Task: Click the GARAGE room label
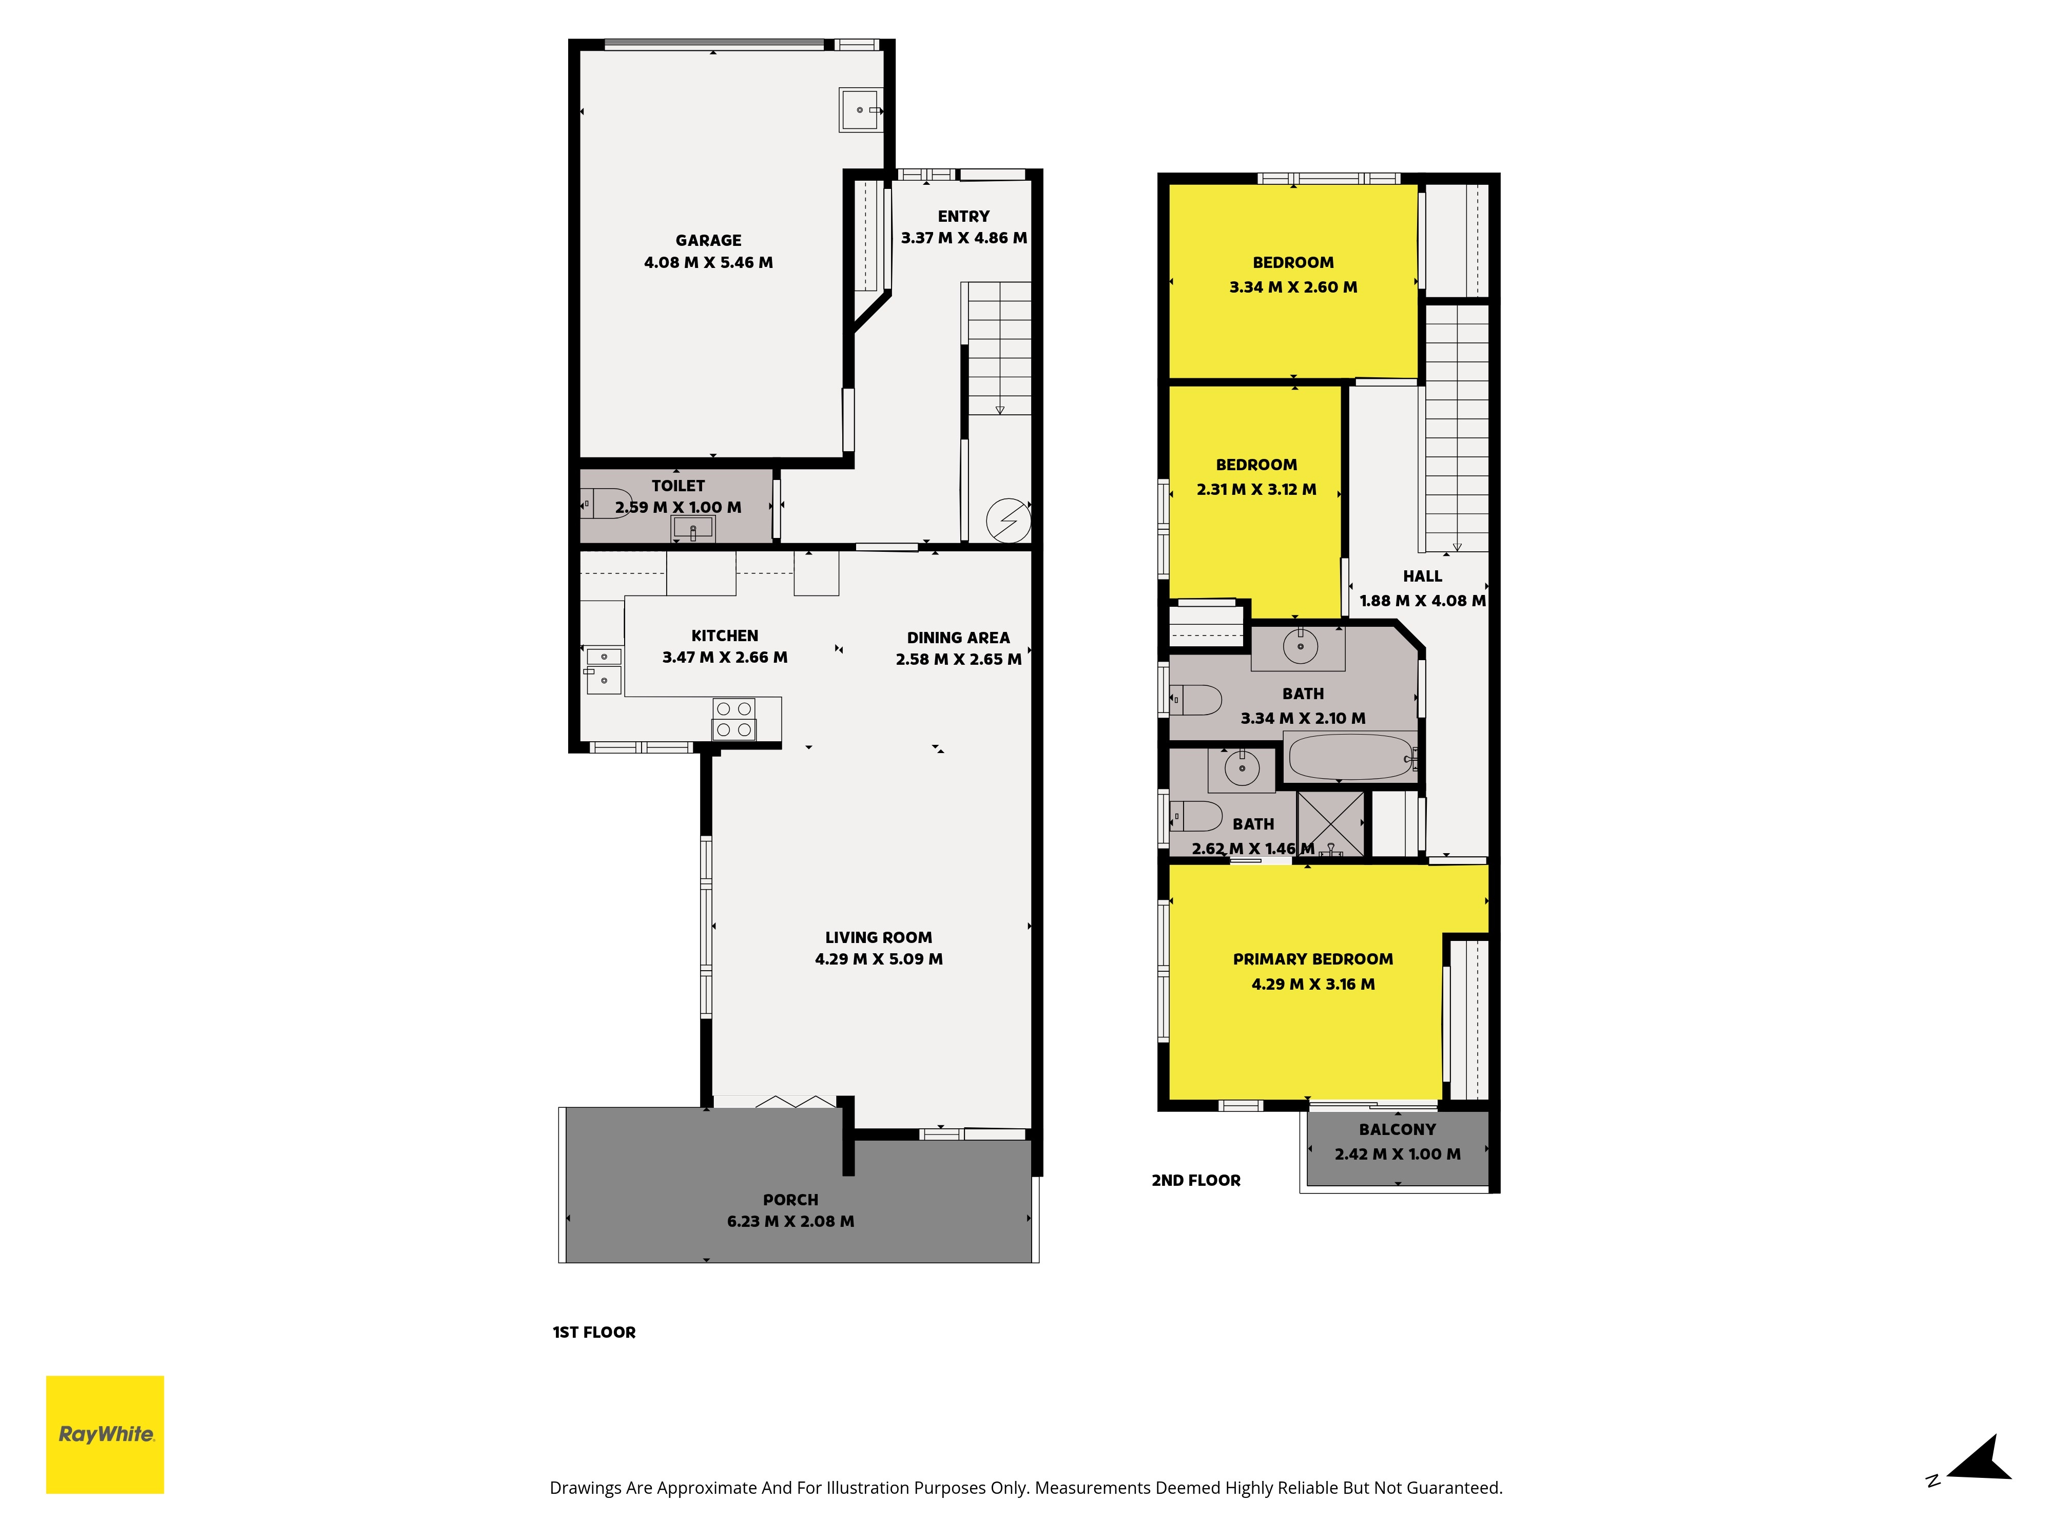click(708, 240)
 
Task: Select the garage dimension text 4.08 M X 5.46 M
click(708, 263)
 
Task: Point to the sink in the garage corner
click(860, 110)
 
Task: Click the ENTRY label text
click(963, 216)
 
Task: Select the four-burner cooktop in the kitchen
click(733, 719)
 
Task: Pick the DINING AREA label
click(958, 638)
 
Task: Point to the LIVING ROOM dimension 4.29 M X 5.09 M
click(879, 959)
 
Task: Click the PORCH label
click(791, 1200)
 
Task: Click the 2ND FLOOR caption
click(1195, 1181)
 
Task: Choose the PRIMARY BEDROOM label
click(1312, 960)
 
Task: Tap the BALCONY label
click(1397, 1130)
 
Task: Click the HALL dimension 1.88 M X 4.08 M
click(1422, 601)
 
